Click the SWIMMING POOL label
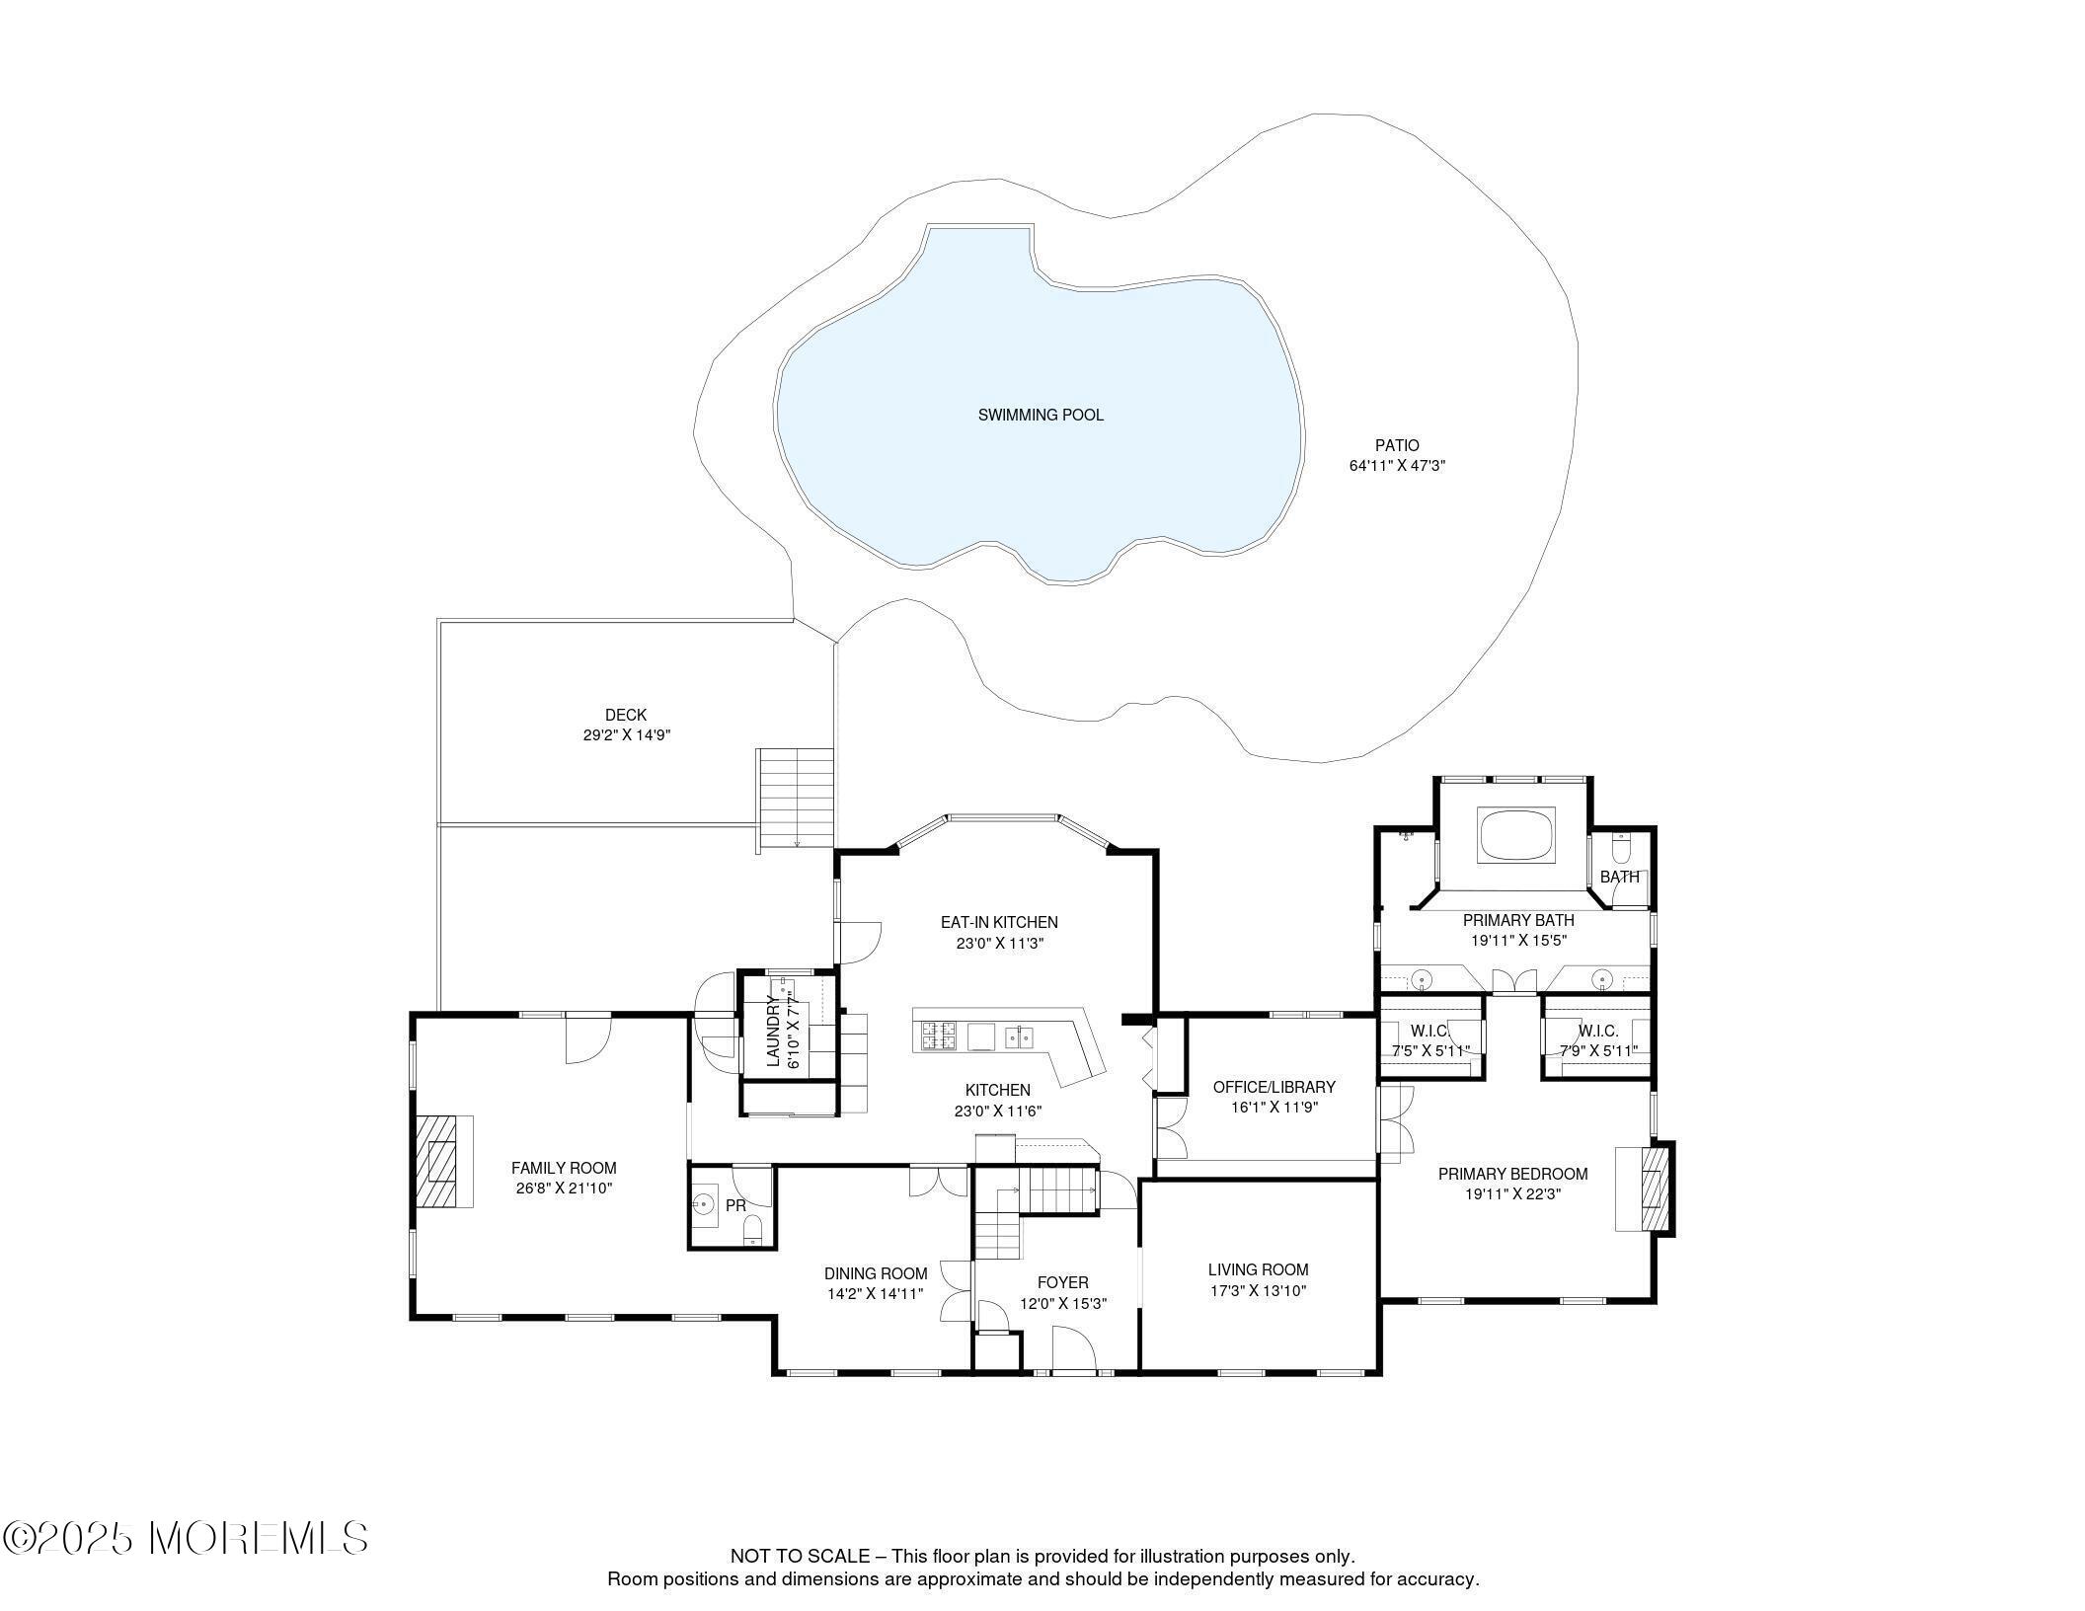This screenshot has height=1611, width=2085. point(1041,416)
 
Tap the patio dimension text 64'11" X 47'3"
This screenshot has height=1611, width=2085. point(1397,466)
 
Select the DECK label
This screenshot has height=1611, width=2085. point(626,715)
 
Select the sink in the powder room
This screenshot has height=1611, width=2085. point(704,1203)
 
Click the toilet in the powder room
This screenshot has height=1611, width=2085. point(753,1229)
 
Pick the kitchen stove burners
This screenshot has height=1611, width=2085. point(939,1036)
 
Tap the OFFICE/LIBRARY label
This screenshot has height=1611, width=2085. point(1274,1087)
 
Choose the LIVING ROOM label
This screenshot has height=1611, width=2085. point(1258,1269)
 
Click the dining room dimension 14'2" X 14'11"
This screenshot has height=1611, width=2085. point(875,1293)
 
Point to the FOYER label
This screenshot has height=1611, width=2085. point(1062,1282)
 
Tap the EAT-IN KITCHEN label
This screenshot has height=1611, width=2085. point(999,922)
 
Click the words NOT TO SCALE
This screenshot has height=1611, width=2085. point(800,1557)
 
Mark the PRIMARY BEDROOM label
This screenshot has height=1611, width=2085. point(1512,1174)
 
